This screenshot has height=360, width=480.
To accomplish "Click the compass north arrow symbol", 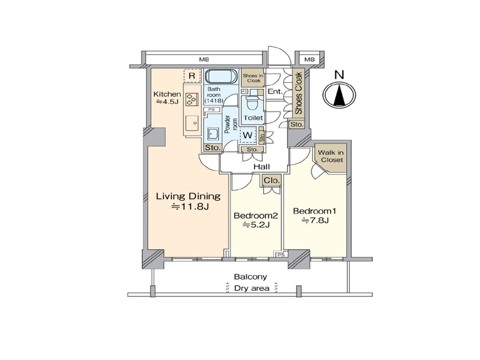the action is (x=340, y=95).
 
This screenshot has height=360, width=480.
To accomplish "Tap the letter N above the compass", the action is (x=339, y=74).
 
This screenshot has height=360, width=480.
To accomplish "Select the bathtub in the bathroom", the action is (x=220, y=76).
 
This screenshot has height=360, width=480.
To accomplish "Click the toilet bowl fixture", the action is (x=252, y=101).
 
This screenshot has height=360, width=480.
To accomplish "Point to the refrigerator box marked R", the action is (x=192, y=76).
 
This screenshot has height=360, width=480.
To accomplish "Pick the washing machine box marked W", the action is (x=247, y=134).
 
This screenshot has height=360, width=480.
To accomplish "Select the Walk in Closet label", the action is (x=331, y=156).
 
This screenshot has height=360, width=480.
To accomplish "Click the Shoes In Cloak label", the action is (x=253, y=78).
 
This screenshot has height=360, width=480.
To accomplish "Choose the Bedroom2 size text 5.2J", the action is (x=256, y=226).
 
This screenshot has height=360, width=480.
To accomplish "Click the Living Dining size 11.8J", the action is (x=190, y=207).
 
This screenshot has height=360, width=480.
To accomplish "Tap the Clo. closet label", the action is (x=272, y=181).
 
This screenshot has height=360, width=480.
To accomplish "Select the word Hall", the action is (x=262, y=167).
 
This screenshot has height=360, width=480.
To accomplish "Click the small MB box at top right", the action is (x=310, y=59).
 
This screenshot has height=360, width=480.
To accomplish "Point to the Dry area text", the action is (x=251, y=289).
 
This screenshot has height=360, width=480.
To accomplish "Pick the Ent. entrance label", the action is (x=275, y=91).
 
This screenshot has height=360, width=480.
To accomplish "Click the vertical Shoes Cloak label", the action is (x=299, y=93).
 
